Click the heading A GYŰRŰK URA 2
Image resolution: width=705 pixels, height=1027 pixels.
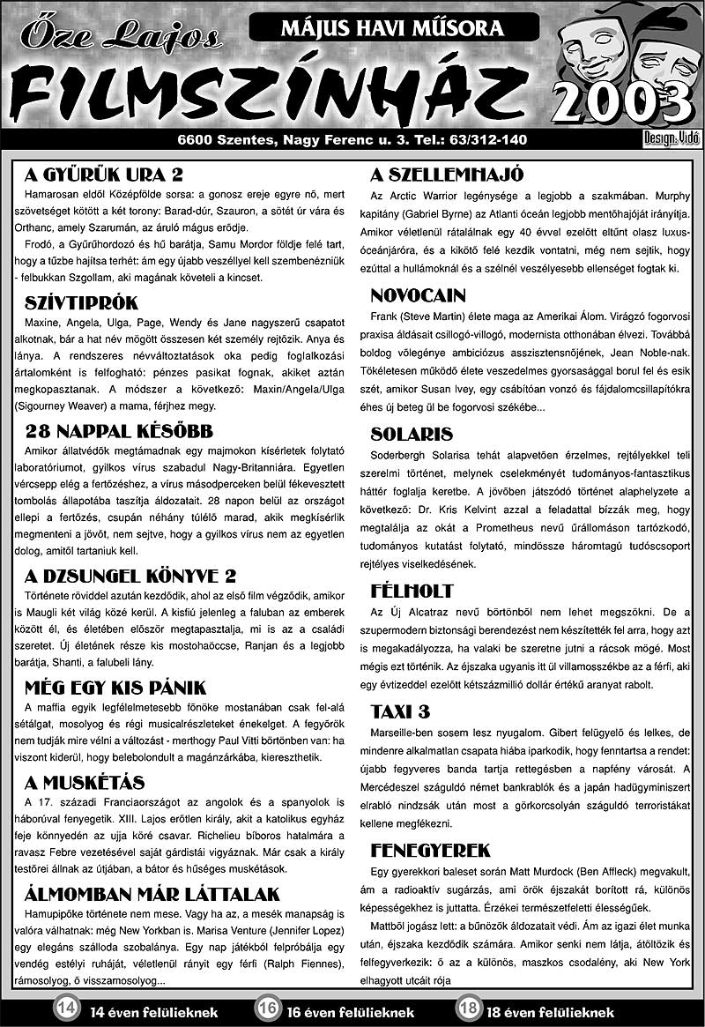[x=104, y=174]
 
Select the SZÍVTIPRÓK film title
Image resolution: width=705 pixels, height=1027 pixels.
[x=82, y=303]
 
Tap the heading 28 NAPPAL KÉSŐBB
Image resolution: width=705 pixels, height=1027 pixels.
[x=119, y=431]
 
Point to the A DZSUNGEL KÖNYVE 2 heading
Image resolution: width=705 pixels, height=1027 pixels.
[x=130, y=577]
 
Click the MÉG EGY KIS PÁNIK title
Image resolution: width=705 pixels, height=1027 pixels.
[x=115, y=688]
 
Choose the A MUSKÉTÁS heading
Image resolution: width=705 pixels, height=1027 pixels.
[x=85, y=783]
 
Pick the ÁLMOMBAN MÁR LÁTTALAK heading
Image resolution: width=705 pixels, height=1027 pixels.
[x=152, y=894]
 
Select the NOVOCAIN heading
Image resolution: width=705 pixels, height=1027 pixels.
[x=418, y=295]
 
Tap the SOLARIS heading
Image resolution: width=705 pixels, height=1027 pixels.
[x=412, y=434]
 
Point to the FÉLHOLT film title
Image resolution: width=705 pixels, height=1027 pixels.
[x=412, y=591]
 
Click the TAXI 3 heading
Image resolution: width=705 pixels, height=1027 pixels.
[x=400, y=711]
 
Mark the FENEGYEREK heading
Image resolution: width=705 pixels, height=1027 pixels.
[x=430, y=851]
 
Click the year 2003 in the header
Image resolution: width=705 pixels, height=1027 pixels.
[x=623, y=104]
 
